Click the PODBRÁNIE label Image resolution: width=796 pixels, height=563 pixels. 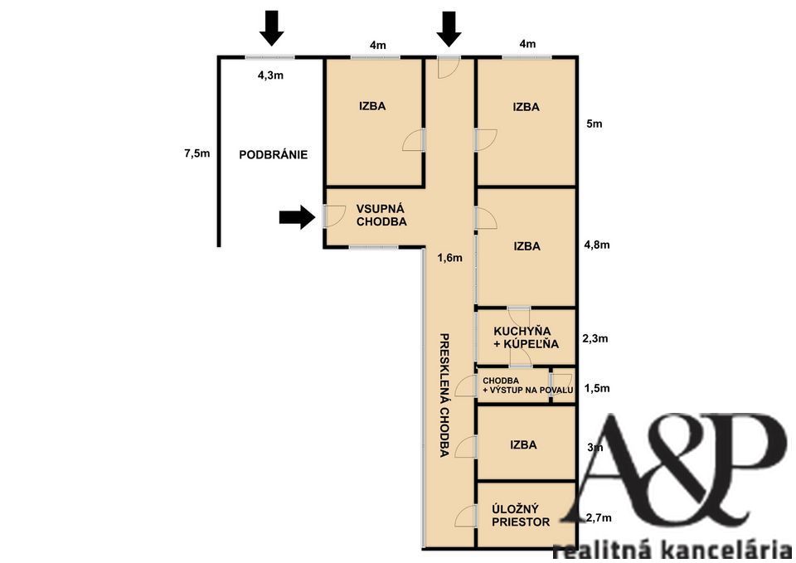[273, 154]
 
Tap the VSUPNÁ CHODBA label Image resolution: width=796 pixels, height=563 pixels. [381, 216]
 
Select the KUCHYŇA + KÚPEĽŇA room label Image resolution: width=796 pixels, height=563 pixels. [526, 337]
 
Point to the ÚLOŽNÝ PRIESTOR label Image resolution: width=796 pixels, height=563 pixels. [521, 515]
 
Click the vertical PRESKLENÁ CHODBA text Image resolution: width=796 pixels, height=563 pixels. [444, 395]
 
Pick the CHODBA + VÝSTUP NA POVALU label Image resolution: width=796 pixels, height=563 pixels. [527, 386]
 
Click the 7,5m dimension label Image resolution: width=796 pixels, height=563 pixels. [197, 153]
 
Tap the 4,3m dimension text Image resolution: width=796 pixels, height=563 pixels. [270, 75]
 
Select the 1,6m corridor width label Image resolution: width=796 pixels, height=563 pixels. [449, 258]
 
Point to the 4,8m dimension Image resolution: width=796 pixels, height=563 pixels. [597, 245]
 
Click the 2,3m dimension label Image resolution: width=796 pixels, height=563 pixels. [595, 338]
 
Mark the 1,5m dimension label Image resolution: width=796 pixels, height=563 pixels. [597, 388]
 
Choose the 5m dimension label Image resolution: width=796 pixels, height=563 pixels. [595, 124]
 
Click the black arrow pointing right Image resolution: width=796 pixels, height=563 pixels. [297, 217]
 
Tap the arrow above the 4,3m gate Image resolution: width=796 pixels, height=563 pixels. [272, 28]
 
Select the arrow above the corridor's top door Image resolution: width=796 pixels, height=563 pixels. [449, 30]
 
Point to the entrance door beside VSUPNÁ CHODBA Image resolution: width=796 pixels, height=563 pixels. [334, 216]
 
